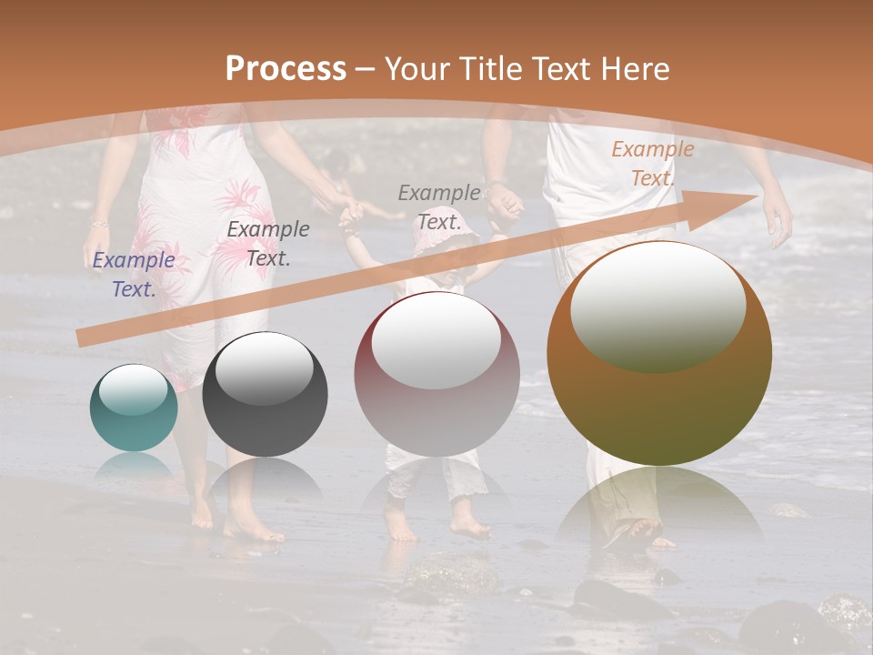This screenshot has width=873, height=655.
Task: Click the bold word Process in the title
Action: pos(286,68)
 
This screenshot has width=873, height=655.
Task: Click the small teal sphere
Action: pos(134,408)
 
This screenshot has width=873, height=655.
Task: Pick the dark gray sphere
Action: pos(265,394)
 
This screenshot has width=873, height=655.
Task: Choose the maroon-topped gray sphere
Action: pos(436,374)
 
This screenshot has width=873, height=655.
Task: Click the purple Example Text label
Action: pos(134,275)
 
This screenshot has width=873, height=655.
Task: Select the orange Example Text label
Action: pos(652,164)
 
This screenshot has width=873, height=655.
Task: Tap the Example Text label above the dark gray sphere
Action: pos(268,244)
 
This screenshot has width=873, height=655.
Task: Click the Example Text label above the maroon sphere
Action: pos(439,207)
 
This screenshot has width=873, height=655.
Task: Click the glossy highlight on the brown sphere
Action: pos(657,305)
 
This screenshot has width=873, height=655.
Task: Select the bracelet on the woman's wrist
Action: pos(99,223)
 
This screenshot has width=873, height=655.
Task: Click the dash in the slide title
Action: pos(366,69)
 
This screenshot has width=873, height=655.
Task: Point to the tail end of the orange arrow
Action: pos(80,338)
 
